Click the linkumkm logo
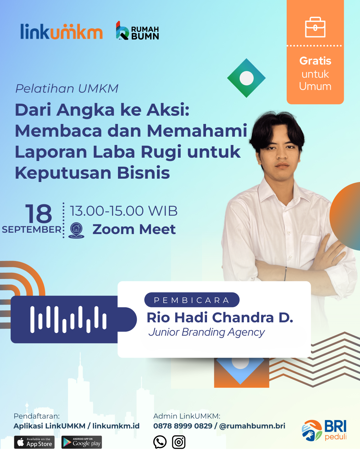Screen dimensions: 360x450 [61, 31]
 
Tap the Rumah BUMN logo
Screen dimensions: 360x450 [137, 31]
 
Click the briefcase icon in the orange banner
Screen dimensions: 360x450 [315, 27]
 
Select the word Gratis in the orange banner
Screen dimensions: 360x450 [315, 61]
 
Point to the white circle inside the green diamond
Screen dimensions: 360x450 [246, 78]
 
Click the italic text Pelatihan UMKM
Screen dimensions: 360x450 [67, 88]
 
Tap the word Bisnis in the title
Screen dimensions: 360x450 [143, 173]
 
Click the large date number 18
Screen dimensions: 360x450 [38, 213]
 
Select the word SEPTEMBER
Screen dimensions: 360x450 [32, 230]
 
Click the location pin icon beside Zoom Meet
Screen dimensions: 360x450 [76, 230]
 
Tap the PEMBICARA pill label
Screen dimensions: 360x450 [192, 300]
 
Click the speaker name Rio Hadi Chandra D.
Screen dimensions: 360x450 [220, 318]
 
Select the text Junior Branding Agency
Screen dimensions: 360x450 [207, 332]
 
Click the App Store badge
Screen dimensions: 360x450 [34, 442]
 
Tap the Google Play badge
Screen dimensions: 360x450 [82, 442]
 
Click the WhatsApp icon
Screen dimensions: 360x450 [160, 442]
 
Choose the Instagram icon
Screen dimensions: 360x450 [179, 442]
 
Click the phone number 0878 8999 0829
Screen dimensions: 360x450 [183, 426]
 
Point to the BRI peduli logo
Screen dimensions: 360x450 [324, 431]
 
